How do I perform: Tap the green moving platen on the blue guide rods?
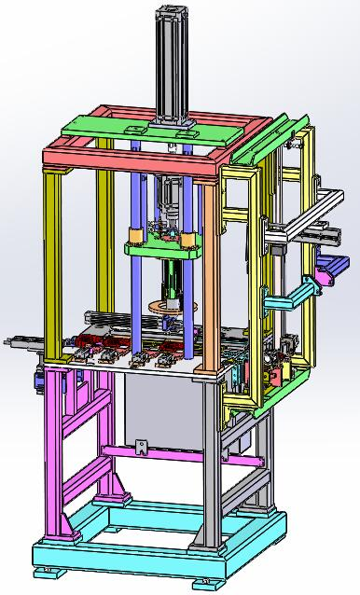point(163,250)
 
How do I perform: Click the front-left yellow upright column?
point(53,261)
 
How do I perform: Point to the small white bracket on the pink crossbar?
point(142,447)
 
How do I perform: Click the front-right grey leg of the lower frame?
point(210,466)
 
